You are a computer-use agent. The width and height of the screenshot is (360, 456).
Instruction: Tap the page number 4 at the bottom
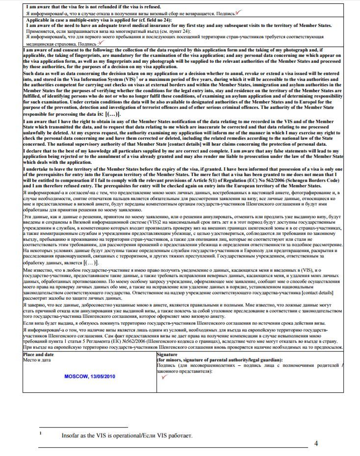point(316,444)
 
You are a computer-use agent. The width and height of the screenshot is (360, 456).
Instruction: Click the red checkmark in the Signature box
point(164,377)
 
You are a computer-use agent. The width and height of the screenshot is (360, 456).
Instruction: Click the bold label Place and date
point(39,354)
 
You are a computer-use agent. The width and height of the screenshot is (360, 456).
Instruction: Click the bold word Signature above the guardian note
point(168,354)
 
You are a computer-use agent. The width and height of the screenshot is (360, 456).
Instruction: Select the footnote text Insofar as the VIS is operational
point(127,435)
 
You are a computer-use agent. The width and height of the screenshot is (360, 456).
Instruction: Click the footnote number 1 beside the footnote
point(41,433)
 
